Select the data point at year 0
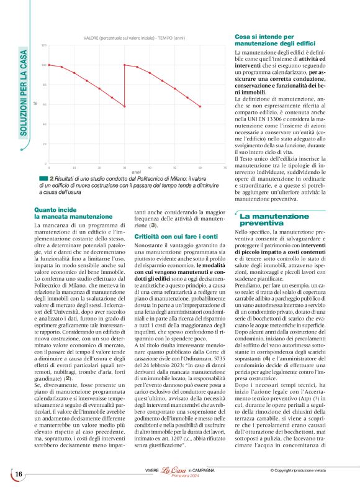48,65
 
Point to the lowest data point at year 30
124,106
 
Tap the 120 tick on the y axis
44,45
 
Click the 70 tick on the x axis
225,168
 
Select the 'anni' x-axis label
137,171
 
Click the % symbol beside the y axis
35,103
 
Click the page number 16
19,475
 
